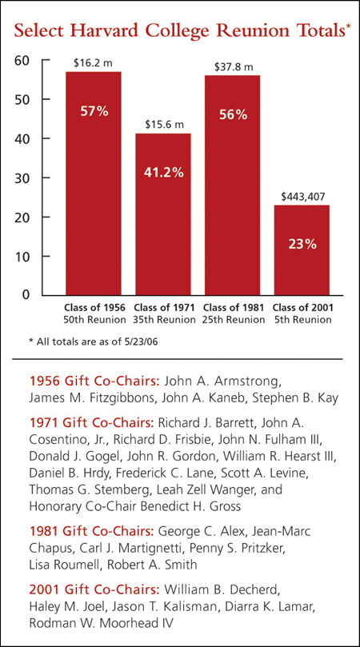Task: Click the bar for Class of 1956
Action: point(94,184)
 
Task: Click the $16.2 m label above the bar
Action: point(92,62)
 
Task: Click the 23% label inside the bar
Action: point(302,245)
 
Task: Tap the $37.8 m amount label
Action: point(234,65)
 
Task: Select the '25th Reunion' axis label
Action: point(234,319)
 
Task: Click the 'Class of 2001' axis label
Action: point(302,307)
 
